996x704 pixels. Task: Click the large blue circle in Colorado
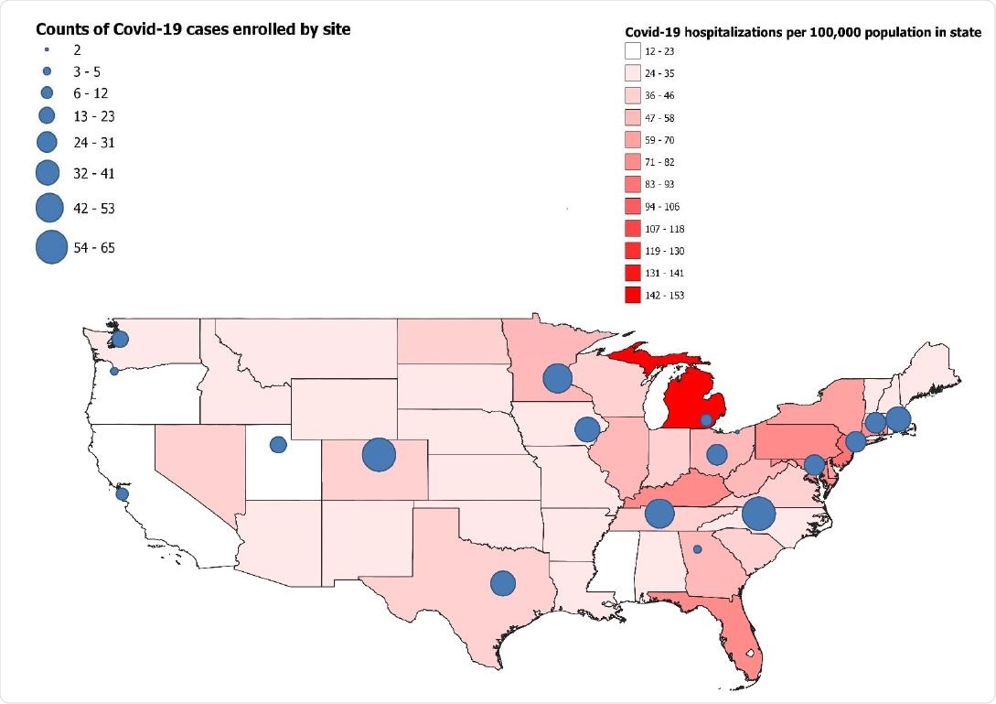pos(378,454)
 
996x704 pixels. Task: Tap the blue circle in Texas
pos(502,583)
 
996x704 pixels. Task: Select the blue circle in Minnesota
pos(557,377)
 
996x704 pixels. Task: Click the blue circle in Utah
pos(278,444)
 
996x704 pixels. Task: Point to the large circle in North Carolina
pos(758,514)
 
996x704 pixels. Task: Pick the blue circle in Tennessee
pos(659,514)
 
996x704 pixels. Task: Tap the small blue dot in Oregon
pos(114,371)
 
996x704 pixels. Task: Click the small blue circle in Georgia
pos(697,549)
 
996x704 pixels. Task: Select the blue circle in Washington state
pos(120,340)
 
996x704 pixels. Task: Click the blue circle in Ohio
pos(717,454)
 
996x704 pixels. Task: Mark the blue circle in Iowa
pos(586,428)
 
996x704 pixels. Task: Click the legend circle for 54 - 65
pos(51,247)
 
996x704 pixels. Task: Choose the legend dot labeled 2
pos(46,50)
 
